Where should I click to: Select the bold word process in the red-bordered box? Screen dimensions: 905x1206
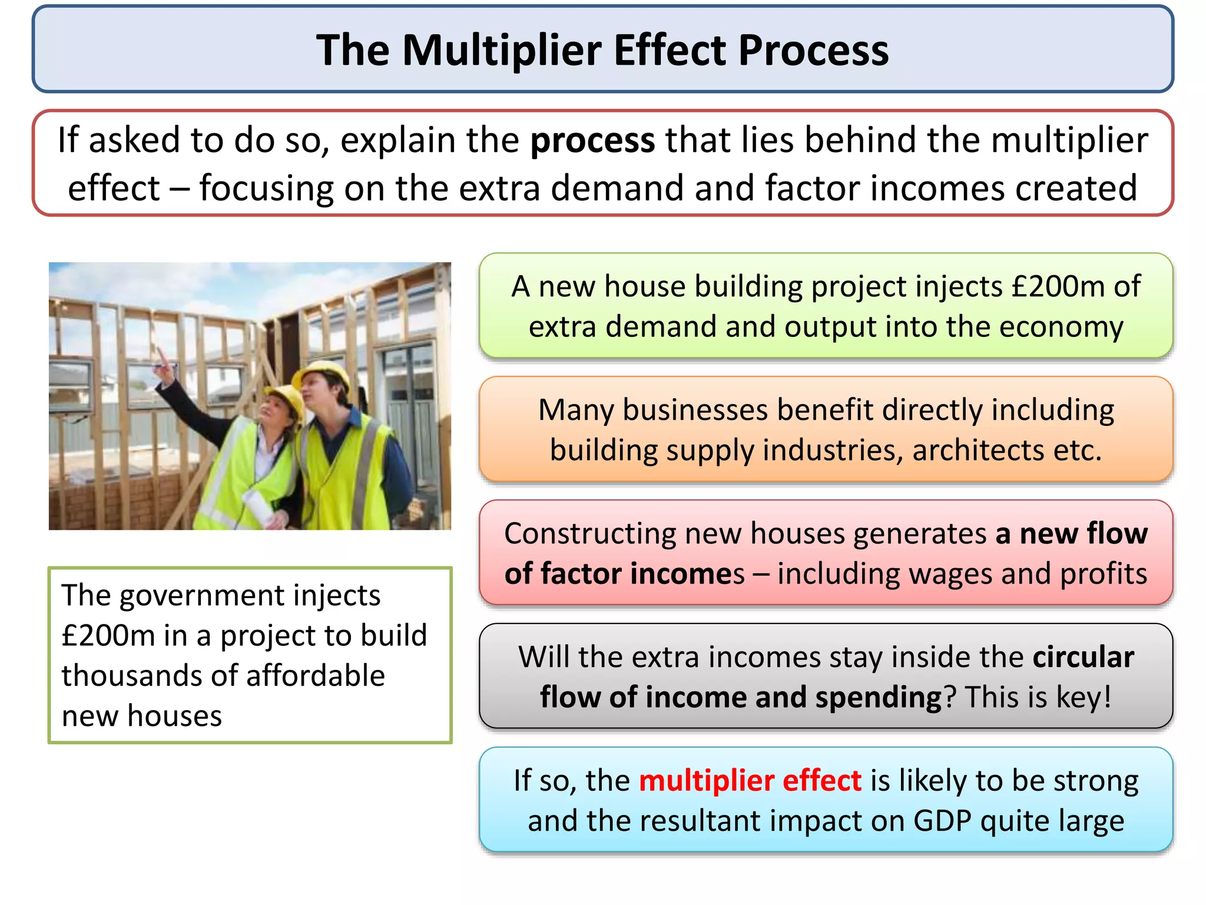592,141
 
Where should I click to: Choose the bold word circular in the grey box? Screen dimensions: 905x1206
1083,657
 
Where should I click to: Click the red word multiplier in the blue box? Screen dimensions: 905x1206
707,781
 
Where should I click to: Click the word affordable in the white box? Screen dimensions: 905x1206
316,676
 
